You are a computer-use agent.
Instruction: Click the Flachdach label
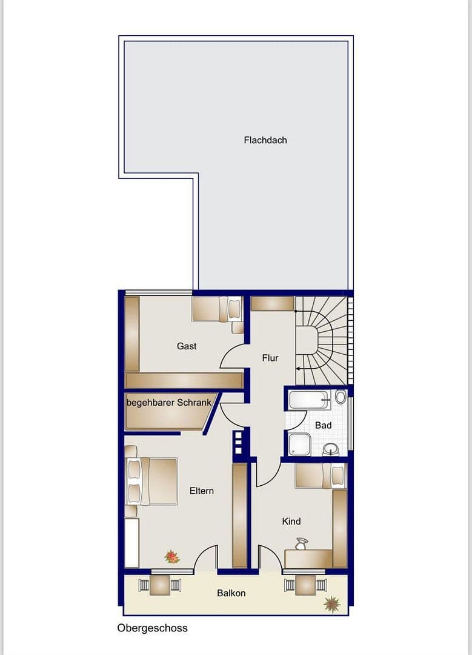265,140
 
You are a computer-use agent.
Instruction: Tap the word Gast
187,346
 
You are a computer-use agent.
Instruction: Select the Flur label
270,358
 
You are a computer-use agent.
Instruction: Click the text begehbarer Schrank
168,402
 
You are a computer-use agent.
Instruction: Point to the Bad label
323,425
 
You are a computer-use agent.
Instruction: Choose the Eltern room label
201,491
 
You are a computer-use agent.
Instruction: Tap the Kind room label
291,521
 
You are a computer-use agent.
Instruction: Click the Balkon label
231,593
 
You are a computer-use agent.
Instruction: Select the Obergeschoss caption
152,628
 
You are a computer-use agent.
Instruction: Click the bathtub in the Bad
310,399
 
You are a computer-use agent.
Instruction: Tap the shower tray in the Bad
299,443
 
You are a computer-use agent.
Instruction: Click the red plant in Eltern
172,556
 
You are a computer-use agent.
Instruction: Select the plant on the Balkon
331,603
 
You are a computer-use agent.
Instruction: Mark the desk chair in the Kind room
301,543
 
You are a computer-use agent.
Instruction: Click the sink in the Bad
330,449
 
